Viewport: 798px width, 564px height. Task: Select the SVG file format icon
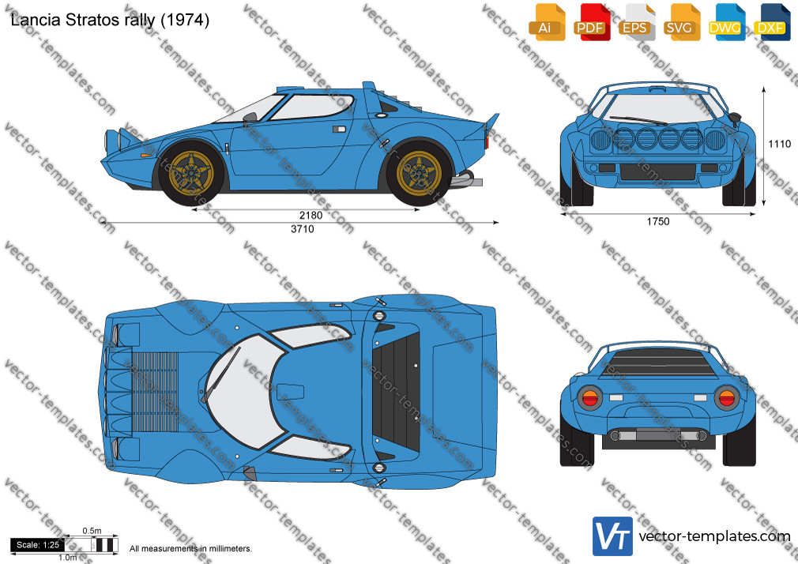(x=682, y=22)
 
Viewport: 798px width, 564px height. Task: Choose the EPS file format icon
(x=637, y=22)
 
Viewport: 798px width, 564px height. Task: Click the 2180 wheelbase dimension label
(x=311, y=216)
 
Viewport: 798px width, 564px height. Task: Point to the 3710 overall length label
(x=303, y=229)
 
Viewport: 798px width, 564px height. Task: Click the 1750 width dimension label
(x=658, y=221)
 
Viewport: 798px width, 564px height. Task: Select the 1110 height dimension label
(x=780, y=144)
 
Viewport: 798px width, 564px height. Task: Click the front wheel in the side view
(x=191, y=172)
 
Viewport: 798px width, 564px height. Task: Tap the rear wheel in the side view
(x=419, y=172)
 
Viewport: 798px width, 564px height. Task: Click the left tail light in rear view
(x=590, y=397)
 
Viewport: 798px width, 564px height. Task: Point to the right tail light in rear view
(x=726, y=397)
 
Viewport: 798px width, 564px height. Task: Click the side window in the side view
(x=311, y=107)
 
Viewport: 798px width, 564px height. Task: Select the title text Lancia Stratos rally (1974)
(x=110, y=20)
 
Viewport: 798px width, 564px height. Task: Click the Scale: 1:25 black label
(x=38, y=545)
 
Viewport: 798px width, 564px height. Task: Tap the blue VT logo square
(x=613, y=536)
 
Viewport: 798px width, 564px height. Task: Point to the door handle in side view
(x=339, y=130)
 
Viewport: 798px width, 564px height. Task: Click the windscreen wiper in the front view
(x=638, y=120)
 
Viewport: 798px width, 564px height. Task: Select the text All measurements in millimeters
(x=190, y=549)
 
